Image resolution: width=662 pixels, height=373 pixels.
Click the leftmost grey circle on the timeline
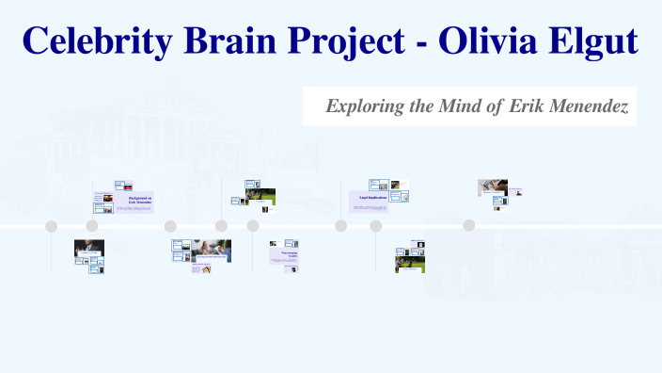[52, 226]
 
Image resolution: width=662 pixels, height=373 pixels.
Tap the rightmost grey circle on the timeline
[468, 225]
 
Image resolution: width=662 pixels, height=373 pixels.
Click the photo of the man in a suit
[89, 248]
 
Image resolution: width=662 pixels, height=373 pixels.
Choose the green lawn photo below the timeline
[410, 264]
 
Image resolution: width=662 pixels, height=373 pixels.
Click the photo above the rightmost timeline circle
[492, 186]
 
